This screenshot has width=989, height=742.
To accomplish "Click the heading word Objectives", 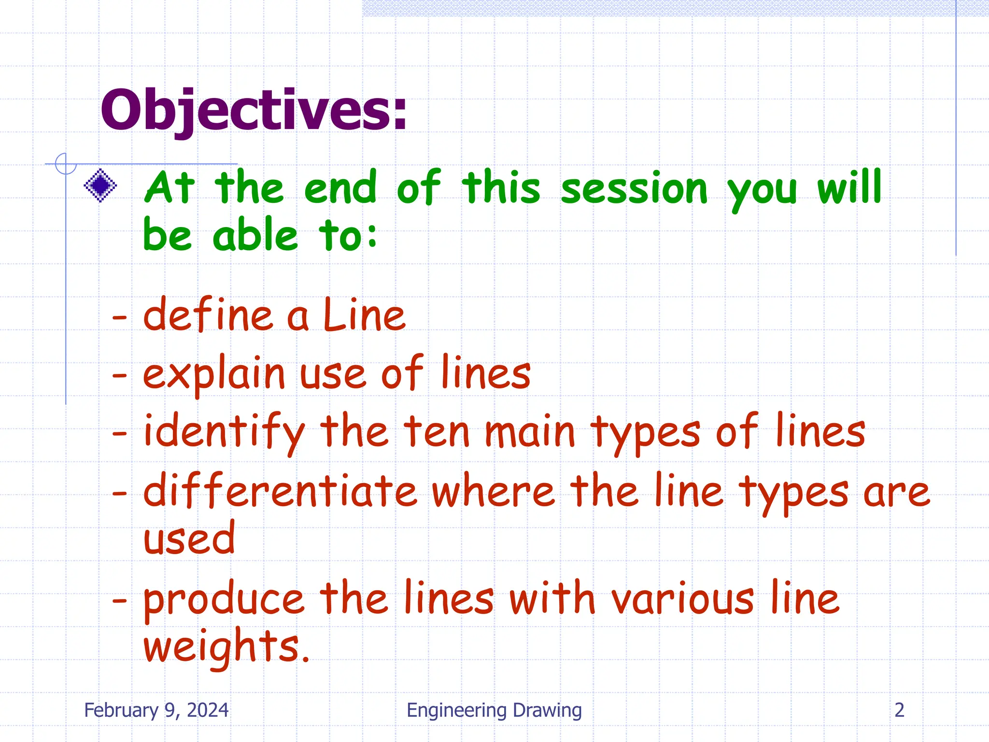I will point(254,110).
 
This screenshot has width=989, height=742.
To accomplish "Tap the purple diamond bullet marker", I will point(100,185).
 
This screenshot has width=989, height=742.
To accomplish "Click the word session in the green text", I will point(634,188).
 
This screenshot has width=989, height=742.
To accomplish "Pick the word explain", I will point(214,374).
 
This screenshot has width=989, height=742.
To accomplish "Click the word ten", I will point(437,431).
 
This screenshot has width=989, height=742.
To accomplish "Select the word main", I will point(530,431).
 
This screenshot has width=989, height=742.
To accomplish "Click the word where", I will point(494,490).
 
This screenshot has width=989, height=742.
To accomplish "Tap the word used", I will point(189,539).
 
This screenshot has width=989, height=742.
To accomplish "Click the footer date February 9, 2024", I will point(156,710).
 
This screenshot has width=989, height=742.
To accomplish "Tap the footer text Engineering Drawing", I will point(494,710).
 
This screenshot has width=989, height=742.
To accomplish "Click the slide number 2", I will point(899,710).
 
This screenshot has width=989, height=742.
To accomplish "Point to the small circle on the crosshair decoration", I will point(66,164).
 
